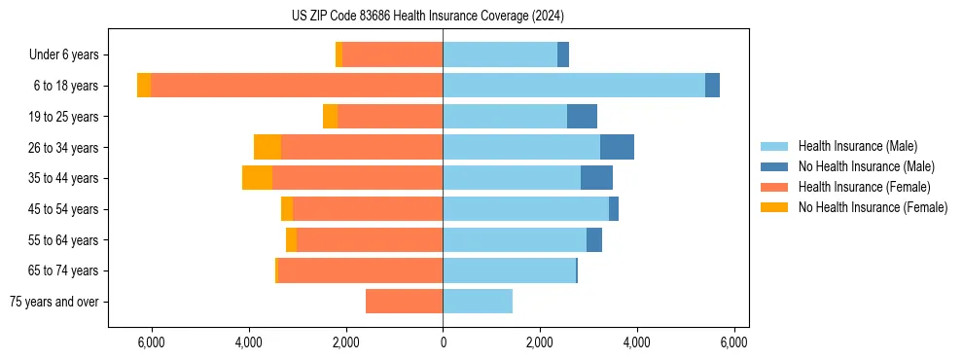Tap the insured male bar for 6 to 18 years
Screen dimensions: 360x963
pyautogui.click(x=574, y=86)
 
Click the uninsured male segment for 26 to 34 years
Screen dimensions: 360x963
pyautogui.click(x=617, y=147)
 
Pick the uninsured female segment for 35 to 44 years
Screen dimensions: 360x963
pyautogui.click(x=257, y=178)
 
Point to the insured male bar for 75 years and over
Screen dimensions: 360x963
pyautogui.click(x=478, y=302)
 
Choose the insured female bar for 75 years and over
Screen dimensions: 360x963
pyautogui.click(x=404, y=302)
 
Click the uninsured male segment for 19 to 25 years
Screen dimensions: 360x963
pyautogui.click(x=582, y=117)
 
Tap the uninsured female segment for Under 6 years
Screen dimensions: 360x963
pyautogui.click(x=339, y=55)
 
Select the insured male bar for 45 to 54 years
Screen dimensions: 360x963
pyautogui.click(x=525, y=209)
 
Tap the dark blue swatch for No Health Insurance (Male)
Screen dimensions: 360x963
pyautogui.click(x=775, y=166)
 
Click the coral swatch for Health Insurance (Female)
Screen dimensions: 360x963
pyautogui.click(x=775, y=187)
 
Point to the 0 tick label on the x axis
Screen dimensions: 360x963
pyautogui.click(x=443, y=342)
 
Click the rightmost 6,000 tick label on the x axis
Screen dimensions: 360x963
pyautogui.click(x=733, y=342)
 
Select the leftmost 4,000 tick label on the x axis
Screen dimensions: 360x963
pyautogui.click(x=249, y=342)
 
